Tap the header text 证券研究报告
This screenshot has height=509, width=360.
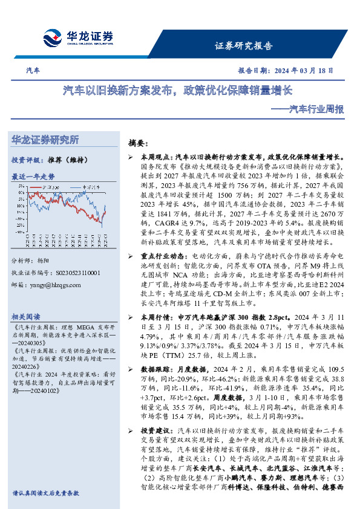tap(244, 46)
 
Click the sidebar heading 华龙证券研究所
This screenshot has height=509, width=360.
tap(45, 140)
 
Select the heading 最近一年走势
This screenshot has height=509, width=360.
tap(33, 177)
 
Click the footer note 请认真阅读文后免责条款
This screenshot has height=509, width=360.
tap(45, 493)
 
